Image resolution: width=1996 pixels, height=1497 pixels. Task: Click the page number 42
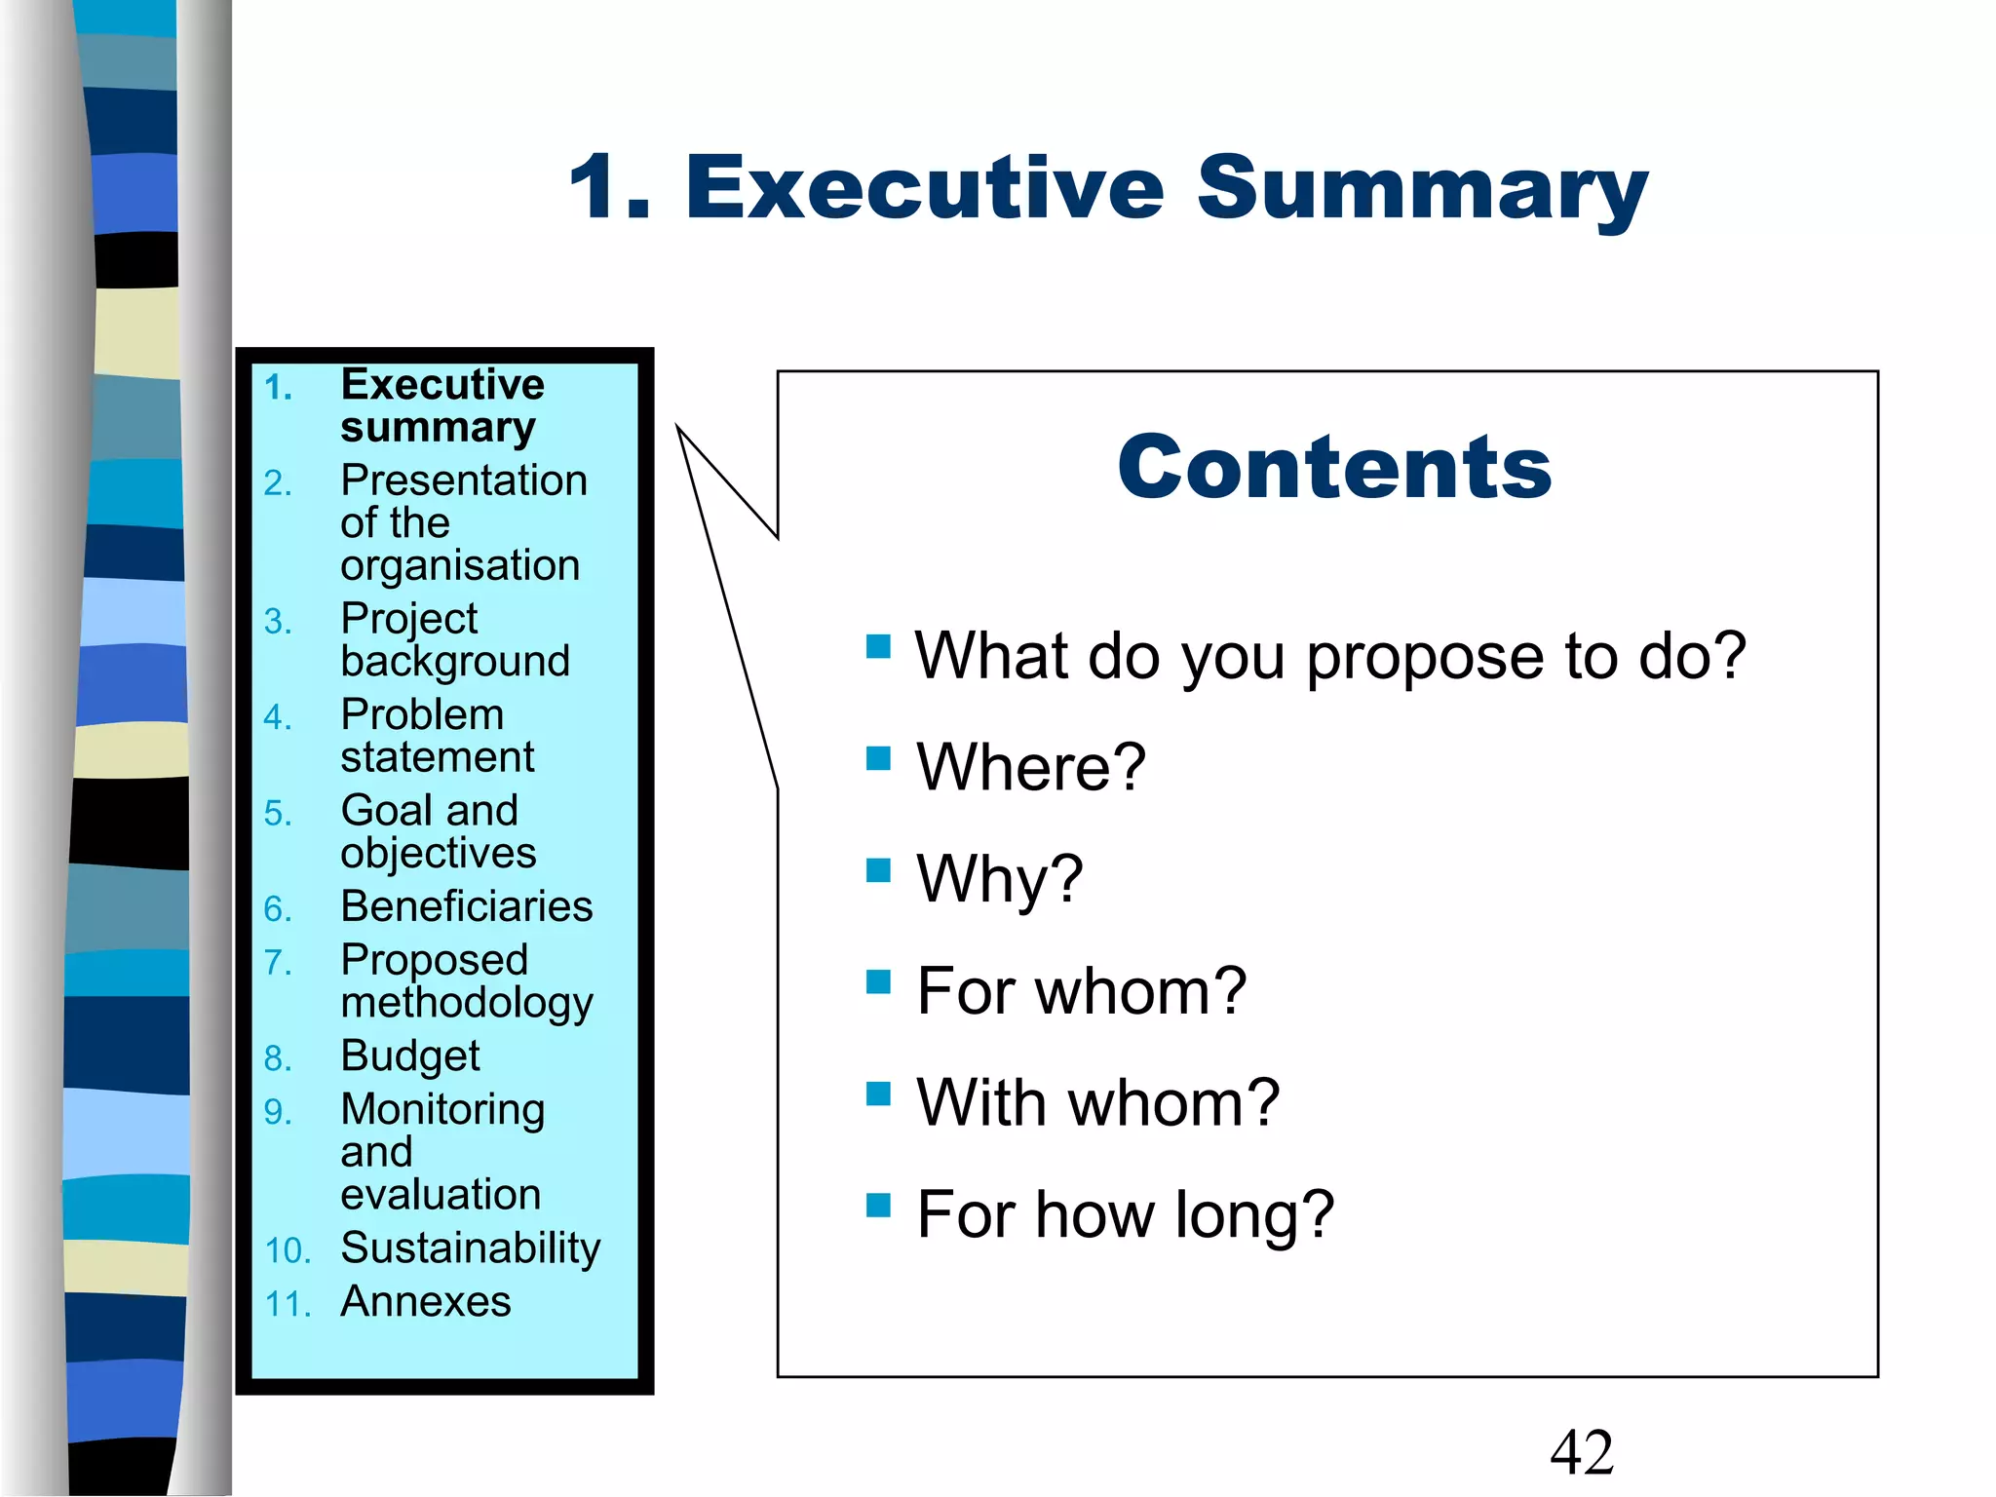[1581, 1452]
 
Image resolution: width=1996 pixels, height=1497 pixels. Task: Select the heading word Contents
[1333, 468]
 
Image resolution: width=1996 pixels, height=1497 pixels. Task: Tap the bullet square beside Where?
[878, 758]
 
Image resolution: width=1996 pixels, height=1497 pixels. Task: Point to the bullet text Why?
[1000, 878]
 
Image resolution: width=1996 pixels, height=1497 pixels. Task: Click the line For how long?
[1125, 1214]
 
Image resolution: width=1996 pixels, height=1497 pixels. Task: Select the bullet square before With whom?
[878, 1094]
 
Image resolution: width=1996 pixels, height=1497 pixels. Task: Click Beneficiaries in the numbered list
[466, 906]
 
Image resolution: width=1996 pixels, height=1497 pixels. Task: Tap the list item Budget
[410, 1056]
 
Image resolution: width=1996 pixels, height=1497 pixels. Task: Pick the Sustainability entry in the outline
[470, 1248]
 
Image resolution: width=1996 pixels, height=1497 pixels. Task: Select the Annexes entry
[425, 1302]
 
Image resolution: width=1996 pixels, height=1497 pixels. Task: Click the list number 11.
[288, 1304]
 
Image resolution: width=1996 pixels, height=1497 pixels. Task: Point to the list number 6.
[278, 909]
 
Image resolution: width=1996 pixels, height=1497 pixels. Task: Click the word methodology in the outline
[466, 1004]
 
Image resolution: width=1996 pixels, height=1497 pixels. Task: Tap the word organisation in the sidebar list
[460, 566]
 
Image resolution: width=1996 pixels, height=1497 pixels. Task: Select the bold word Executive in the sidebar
[441, 385]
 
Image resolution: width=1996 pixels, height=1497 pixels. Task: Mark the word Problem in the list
[422, 715]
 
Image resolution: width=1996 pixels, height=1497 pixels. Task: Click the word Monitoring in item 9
[441, 1110]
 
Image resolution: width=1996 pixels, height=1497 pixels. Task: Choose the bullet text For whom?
[1081, 991]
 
